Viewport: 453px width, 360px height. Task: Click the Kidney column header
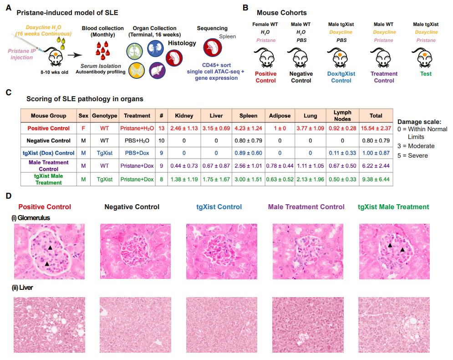tap(184, 116)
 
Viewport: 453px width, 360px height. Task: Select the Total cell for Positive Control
tap(376, 128)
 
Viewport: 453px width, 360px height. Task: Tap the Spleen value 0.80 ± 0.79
tap(248, 140)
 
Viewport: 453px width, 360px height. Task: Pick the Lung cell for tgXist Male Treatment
tap(310, 179)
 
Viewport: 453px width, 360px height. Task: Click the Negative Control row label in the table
tap(49, 140)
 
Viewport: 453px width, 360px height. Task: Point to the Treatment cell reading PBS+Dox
tap(137, 153)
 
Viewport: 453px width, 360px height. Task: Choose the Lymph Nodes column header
tap(342, 116)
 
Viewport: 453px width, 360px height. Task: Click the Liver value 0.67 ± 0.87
tap(216, 166)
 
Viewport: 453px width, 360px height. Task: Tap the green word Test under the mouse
tap(426, 74)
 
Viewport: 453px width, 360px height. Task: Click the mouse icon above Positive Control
tap(265, 58)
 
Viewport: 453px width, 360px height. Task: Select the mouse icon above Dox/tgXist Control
tap(339, 58)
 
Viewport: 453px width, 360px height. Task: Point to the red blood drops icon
tap(103, 49)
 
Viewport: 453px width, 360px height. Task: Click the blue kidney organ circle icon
tap(155, 49)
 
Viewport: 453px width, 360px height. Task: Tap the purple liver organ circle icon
tap(158, 71)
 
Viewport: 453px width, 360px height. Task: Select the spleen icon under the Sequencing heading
tap(212, 48)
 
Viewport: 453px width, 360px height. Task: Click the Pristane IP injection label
tap(22, 54)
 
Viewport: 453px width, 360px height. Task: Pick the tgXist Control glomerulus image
tap(222, 251)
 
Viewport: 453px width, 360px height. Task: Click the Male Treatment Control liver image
tap(308, 325)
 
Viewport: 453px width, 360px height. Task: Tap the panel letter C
tap(9, 93)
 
